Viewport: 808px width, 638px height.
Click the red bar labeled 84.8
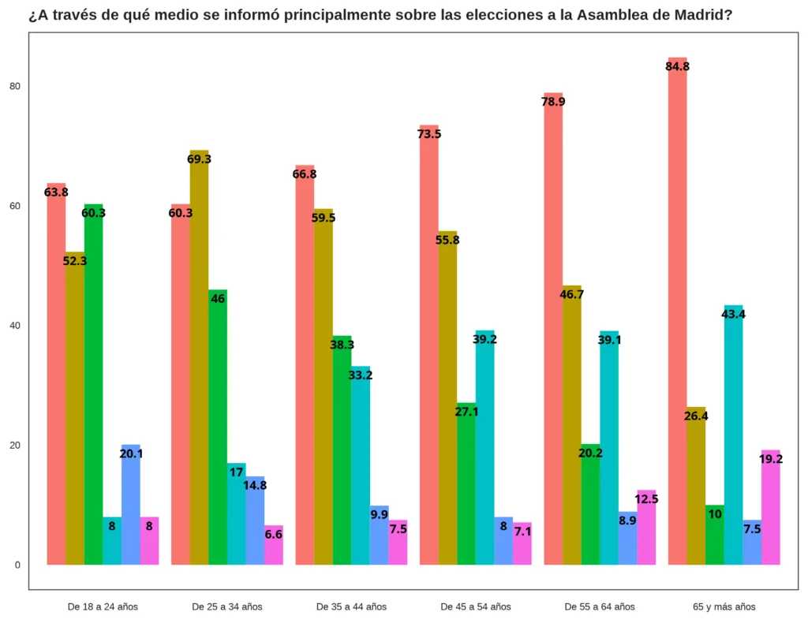coord(677,315)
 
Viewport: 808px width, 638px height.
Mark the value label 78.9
coord(553,102)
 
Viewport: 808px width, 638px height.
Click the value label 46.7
coord(571,295)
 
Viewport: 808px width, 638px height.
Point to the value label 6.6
coord(274,535)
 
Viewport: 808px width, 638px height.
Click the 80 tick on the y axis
coord(15,86)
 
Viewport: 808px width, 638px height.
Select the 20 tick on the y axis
coord(15,445)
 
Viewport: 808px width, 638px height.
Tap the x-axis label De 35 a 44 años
coord(351,606)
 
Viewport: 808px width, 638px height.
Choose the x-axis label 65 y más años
coord(724,606)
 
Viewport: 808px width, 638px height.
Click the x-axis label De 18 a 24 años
coord(103,606)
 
